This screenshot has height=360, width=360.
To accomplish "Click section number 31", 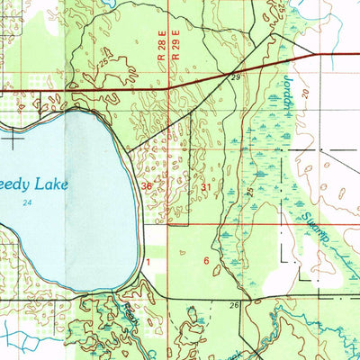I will tap(206, 187).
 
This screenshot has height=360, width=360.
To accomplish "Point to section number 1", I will tap(148, 260).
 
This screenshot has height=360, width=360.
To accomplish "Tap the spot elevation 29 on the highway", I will tap(236, 80).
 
